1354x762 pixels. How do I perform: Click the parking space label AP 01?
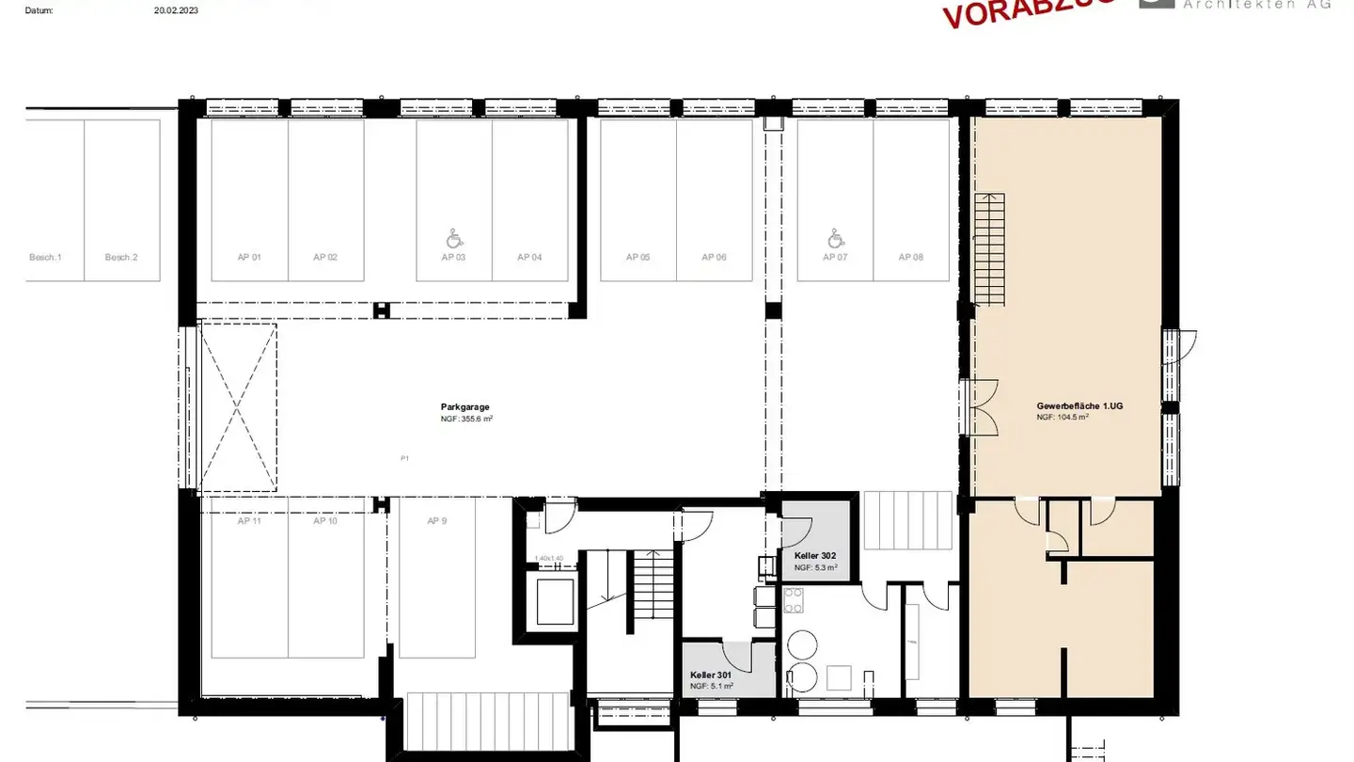point(249,257)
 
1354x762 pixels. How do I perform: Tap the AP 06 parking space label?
point(715,257)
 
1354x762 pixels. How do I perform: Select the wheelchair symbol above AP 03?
point(454,238)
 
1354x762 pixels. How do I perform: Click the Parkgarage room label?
point(464,407)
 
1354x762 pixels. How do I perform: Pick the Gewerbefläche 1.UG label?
point(1080,405)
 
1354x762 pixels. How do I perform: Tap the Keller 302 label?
point(814,556)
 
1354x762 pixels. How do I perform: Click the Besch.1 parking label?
point(45,257)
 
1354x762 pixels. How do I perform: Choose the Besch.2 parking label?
point(121,257)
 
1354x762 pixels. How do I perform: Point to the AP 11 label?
point(249,520)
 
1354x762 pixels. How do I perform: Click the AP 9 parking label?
point(436,520)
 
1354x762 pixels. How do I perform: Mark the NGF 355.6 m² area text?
point(466,420)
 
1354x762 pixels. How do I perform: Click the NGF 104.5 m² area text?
point(1063,417)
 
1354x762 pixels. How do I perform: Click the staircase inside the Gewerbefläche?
point(989,248)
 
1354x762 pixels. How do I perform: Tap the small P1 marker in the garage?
point(404,458)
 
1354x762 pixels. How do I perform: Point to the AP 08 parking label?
point(911,257)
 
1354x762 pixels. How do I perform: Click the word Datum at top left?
point(39,11)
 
